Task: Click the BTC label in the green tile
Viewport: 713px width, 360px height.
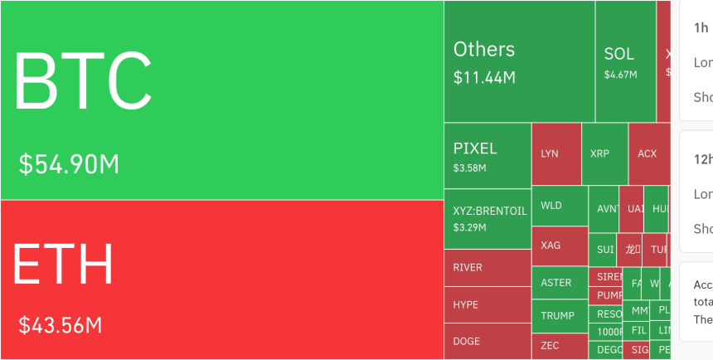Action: tap(83, 80)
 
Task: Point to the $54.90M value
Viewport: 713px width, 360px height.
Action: tap(70, 164)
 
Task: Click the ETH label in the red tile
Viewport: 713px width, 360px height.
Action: tap(63, 265)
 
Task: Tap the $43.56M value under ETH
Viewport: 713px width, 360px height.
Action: tap(61, 325)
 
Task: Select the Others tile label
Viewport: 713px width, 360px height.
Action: tap(484, 49)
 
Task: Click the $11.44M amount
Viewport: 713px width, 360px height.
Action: tap(484, 78)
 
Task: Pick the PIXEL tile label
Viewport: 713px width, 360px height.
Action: tap(475, 149)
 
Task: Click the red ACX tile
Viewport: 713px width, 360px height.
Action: tap(648, 153)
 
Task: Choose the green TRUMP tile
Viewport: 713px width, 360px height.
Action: tap(559, 316)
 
